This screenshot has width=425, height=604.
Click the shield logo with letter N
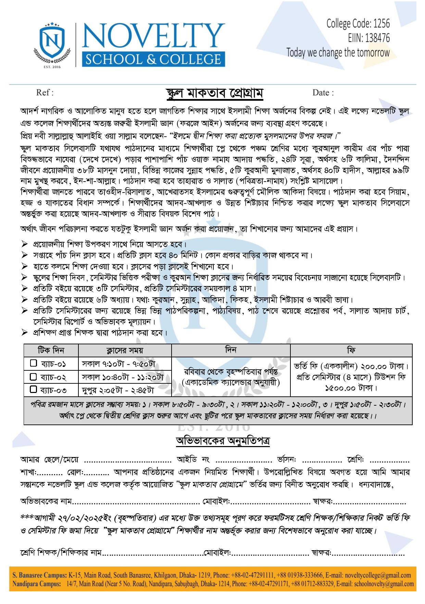tap(52, 41)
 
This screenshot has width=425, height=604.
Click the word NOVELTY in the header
tap(153, 37)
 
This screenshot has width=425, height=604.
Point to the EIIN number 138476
tap(377, 38)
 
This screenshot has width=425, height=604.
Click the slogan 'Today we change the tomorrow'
tap(338, 53)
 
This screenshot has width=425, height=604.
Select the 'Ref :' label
tap(45, 93)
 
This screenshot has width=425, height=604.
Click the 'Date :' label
tap(323, 93)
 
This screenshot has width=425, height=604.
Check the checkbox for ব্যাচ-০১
tap(33, 363)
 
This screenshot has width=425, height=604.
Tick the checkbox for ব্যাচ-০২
tap(33, 377)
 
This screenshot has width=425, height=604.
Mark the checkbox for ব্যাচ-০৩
tap(33, 390)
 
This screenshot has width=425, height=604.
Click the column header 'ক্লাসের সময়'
tap(125, 350)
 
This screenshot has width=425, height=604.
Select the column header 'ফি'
tap(351, 350)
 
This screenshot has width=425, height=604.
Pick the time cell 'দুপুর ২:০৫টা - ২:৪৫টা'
tap(118, 390)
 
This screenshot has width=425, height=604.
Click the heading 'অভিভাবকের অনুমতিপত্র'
tap(223, 441)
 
